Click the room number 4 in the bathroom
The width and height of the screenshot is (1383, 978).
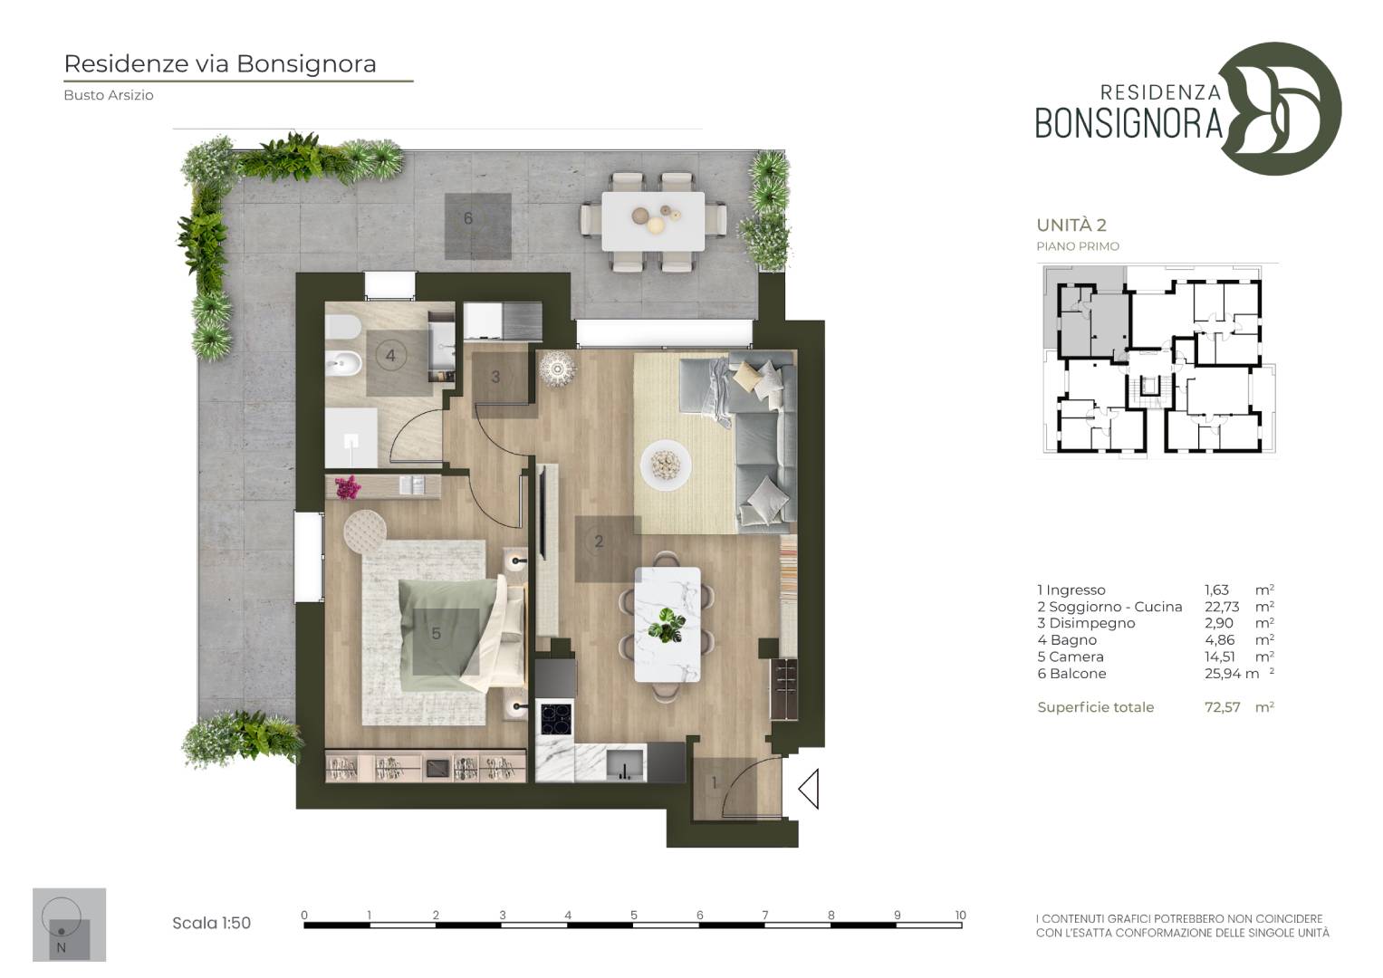click(390, 356)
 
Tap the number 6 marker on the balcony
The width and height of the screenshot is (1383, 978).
click(468, 218)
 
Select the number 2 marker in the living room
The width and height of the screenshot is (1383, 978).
click(599, 542)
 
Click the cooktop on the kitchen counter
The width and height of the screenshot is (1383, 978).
click(556, 718)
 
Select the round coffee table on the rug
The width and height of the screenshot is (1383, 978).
click(665, 465)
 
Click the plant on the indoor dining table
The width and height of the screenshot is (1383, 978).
click(666, 625)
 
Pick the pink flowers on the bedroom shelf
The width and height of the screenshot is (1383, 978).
click(348, 487)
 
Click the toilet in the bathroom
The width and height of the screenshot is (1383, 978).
click(342, 326)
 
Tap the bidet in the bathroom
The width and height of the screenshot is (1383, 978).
click(342, 364)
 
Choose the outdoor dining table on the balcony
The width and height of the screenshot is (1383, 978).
click(653, 221)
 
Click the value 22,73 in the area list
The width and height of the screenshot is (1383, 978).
click(1221, 607)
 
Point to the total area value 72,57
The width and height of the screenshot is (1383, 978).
click(1222, 707)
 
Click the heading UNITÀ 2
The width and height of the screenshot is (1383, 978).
click(1071, 225)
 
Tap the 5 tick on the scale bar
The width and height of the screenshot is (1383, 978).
click(633, 915)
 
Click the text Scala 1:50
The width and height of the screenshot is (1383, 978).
click(211, 923)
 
